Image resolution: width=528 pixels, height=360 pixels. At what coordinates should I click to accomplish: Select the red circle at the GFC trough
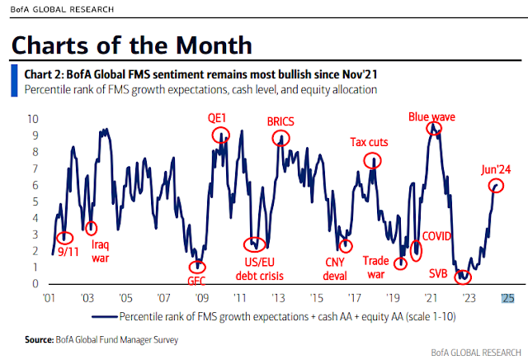click(x=196, y=267)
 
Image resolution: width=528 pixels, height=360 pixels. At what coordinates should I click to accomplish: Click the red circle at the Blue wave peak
click(x=433, y=129)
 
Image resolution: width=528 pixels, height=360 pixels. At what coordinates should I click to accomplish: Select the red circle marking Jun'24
click(x=496, y=187)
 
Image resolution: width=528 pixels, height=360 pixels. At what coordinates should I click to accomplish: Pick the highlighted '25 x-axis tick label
click(x=507, y=298)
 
